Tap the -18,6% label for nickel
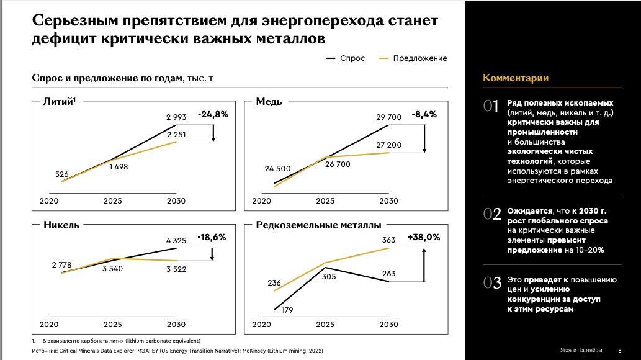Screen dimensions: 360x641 pyautogui.click(x=212, y=237)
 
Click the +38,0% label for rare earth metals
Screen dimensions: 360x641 pyautogui.click(x=424, y=237)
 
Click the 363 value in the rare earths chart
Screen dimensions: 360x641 pyautogui.click(x=389, y=240)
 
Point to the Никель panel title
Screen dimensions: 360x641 pyautogui.click(x=61, y=225)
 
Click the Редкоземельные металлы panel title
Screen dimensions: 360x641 pyautogui.click(x=318, y=225)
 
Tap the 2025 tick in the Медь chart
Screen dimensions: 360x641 pyautogui.click(x=325, y=201)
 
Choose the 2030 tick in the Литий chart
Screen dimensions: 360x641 pyautogui.click(x=176, y=201)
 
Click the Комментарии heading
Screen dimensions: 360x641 pyautogui.click(x=516, y=78)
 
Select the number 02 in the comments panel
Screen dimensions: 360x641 pyautogui.click(x=491, y=214)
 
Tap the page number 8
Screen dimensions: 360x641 pyautogui.click(x=620, y=349)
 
